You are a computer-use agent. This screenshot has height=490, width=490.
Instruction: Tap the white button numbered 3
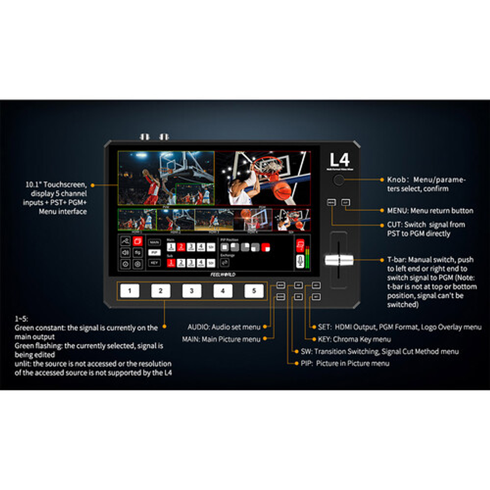[192, 291]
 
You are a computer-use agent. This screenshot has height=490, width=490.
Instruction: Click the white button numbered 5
[254, 291]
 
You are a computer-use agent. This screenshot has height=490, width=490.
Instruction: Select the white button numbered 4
[223, 291]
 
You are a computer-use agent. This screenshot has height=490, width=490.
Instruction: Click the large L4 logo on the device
[339, 160]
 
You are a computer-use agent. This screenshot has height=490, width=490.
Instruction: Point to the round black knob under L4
[339, 180]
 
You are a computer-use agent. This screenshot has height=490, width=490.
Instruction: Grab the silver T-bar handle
[339, 260]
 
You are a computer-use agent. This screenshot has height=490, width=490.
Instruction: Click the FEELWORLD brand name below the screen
[223, 274]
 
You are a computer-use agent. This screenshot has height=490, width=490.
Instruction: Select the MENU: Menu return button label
[430, 211]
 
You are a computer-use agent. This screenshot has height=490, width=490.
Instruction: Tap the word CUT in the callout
[394, 224]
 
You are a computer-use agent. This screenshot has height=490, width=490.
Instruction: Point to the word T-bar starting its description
[396, 260]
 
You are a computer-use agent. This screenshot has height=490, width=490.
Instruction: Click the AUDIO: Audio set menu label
[224, 327]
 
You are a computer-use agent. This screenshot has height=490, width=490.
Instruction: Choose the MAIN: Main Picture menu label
[221, 339]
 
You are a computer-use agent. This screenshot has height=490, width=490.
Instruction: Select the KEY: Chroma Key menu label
[354, 339]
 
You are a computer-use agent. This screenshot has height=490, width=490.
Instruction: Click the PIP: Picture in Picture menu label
[345, 363]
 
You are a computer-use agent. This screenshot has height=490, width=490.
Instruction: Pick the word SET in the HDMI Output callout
[324, 327]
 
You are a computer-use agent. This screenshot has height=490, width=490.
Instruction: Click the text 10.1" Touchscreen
[56, 184]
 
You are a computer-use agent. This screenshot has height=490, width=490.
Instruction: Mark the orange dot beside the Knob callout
[381, 180]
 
